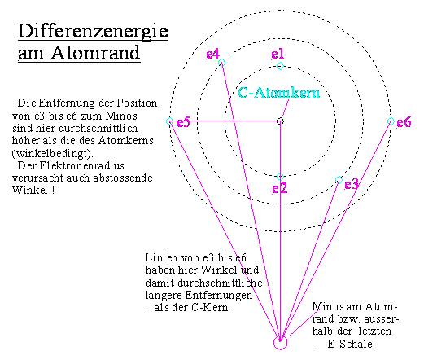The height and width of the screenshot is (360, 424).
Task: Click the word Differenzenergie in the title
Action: coord(93,32)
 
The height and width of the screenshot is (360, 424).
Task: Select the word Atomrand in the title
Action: coord(95,53)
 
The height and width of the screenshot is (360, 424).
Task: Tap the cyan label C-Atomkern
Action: coord(279,93)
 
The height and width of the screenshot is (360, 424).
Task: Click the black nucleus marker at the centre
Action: coord(280,121)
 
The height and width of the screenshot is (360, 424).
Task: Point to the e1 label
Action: coord(278,54)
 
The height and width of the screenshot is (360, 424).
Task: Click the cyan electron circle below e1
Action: coord(280,66)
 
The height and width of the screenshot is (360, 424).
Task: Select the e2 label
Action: coord(279,188)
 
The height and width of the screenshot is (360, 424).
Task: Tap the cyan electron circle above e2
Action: coord(280,177)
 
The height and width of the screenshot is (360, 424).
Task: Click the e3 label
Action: coord(352,185)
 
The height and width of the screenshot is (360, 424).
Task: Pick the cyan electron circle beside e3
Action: coord(339,180)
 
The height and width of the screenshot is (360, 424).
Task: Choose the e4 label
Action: coord(212,54)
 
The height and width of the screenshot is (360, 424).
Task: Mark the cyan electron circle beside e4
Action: coord(221,63)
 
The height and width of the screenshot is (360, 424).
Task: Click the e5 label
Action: coord(183,122)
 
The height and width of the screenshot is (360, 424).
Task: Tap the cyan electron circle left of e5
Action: coord(169,121)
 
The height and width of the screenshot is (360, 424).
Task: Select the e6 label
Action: coord(404,122)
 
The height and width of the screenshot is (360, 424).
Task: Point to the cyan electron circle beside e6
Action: coord(391,121)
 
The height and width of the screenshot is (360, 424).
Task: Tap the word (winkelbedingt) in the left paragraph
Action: coord(53,154)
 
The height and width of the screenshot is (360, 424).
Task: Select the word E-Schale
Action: coord(350,344)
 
